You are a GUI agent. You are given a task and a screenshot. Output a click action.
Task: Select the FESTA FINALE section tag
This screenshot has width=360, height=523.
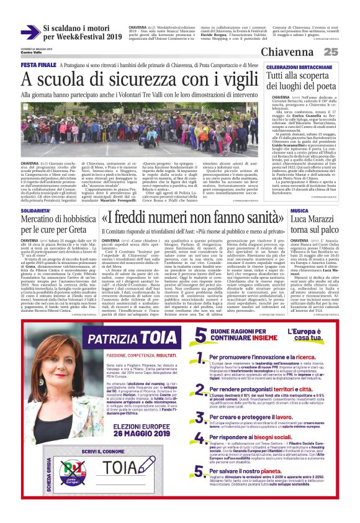[x=40, y=65]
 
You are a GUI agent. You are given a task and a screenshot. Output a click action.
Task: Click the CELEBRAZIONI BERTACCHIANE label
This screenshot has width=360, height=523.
[x=297, y=66]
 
